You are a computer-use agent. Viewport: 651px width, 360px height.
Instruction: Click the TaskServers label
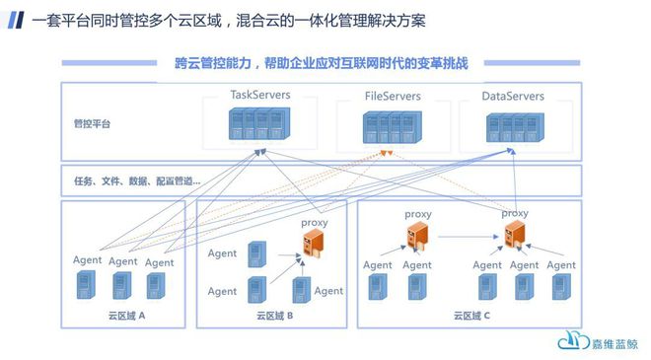click(260, 96)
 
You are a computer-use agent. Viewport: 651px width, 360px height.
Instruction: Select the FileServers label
click(393, 97)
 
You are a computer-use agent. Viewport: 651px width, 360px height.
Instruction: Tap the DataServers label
click(512, 97)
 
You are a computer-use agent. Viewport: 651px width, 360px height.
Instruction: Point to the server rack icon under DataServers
click(513, 125)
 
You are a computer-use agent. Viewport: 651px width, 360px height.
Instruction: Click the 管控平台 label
click(92, 124)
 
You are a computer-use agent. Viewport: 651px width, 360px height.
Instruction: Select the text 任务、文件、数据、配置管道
click(137, 180)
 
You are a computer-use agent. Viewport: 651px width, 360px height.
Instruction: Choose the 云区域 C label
click(473, 316)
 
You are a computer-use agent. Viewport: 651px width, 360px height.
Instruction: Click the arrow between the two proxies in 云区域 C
click(464, 237)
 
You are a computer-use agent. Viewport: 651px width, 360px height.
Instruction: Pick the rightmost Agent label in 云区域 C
click(560, 265)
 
